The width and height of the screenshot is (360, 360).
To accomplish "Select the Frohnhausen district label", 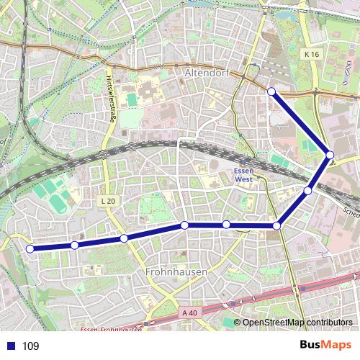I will (176, 272).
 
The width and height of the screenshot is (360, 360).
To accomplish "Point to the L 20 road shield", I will (107, 201).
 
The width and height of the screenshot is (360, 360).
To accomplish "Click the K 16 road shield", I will (310, 54).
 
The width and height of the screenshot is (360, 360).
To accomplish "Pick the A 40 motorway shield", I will (189, 312).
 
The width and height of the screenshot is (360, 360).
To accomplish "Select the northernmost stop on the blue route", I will (271, 91).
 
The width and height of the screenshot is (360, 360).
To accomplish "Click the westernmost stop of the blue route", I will (30, 249).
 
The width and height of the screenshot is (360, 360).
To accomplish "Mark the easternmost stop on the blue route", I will (330, 155).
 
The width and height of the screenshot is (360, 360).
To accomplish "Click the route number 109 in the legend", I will (31, 346).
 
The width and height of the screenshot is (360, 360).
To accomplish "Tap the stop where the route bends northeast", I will (277, 226).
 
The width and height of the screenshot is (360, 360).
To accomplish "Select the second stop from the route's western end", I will (75, 246).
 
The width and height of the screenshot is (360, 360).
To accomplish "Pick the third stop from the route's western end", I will (124, 238).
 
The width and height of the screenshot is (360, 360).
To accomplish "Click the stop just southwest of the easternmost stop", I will (308, 191).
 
